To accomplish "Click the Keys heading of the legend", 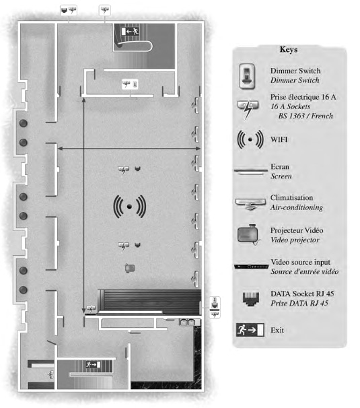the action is click(289, 49).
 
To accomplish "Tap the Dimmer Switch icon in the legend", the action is click(247, 76).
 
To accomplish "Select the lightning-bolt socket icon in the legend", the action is click(248, 109).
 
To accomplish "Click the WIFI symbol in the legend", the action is click(250, 139).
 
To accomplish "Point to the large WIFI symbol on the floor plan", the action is click(129, 206).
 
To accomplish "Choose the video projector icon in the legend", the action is click(248, 234).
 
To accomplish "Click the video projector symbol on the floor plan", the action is click(130, 268).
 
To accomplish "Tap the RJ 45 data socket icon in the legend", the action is click(251, 298).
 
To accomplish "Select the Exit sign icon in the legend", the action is click(250, 330).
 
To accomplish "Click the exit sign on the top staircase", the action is click(130, 32).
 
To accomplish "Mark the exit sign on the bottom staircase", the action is click(94, 364).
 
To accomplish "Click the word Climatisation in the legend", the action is click(291, 198).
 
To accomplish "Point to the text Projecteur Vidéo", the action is click(297, 230).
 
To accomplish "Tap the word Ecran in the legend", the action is click(280, 166).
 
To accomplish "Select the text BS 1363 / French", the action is click(305, 116).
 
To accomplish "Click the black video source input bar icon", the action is click(251, 267).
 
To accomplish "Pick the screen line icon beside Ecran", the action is click(251, 171).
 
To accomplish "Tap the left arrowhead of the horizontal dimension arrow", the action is click(60, 149).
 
